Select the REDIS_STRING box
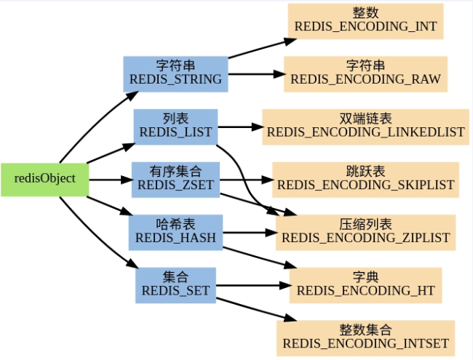click(175, 73)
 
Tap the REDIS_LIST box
click(175, 126)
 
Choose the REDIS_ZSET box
click(175, 179)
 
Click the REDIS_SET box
click(175, 284)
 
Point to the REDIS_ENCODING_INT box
click(365, 20)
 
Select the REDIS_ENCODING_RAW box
click(365, 73)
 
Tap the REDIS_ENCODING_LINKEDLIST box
click(365, 126)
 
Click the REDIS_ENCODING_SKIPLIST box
click(365, 179)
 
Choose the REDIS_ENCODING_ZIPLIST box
click(365, 231)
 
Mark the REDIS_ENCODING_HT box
click(365, 284)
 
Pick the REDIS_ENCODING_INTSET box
click(365, 337)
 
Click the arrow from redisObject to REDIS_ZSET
click(109, 179)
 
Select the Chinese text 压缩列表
click(365, 224)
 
